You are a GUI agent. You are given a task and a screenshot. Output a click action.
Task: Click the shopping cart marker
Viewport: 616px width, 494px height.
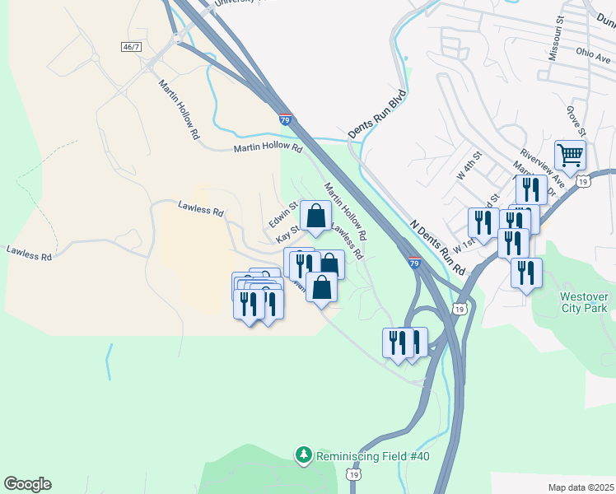[570, 155]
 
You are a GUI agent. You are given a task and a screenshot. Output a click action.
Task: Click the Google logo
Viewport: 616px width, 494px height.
[27, 484]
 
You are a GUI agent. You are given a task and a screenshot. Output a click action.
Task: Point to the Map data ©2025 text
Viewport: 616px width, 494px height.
[580, 487]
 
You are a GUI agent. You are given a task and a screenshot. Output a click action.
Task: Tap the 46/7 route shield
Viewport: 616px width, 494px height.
[131, 47]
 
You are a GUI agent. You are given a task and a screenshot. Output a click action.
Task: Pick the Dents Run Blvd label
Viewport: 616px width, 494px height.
[377, 113]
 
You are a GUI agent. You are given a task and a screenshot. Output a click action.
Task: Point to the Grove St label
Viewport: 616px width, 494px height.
[576, 120]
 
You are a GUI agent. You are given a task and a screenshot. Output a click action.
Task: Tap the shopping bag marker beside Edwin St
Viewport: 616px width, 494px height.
[315, 217]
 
